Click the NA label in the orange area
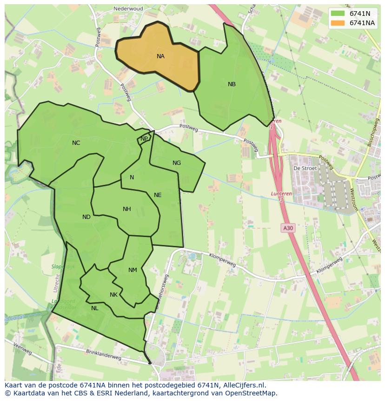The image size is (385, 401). point(160,56)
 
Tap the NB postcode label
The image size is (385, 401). point(232,84)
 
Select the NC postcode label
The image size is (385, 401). point(76,143)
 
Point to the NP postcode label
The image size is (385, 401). point(144,139)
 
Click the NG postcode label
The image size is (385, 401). point(177,163)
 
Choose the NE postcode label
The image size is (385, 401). point(158,195)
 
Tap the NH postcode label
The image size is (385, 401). point(126,209)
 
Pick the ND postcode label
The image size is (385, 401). point(86,217)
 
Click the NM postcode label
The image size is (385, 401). point(133,270)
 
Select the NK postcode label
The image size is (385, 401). point(113,295)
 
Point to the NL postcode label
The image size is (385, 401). point(95,308)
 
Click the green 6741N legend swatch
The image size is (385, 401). point(338,14)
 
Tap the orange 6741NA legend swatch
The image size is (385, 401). point(338,23)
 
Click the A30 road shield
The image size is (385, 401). point(288,228)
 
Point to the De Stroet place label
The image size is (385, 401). point(305,168)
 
